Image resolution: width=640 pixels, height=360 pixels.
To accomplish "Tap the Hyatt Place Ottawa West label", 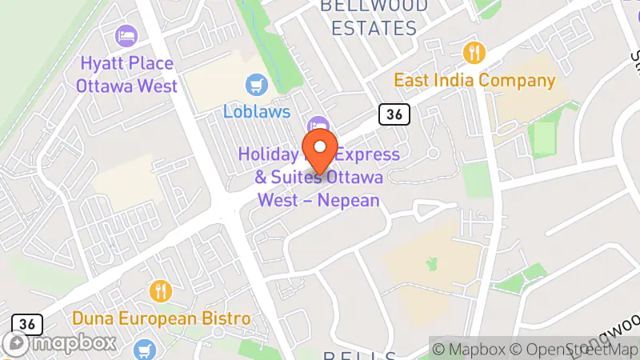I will tap(128, 74).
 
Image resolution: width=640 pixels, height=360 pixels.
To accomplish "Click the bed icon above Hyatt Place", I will tap(126, 35).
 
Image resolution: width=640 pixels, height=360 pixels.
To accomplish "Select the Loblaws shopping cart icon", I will tap(256, 83).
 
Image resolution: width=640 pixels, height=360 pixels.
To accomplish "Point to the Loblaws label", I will tap(256, 111).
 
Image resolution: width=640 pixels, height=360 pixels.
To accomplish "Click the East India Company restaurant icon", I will tap(474, 53).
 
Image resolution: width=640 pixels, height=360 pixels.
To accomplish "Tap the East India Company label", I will tap(474, 81).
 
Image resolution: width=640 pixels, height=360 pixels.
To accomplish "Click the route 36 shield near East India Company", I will tap(394, 114).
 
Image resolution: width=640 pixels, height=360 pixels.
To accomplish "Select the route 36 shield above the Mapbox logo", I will tap(26, 324).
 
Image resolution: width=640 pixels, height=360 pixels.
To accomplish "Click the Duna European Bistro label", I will tap(161, 318).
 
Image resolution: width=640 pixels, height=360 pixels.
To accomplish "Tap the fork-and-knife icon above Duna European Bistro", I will tap(162, 290).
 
